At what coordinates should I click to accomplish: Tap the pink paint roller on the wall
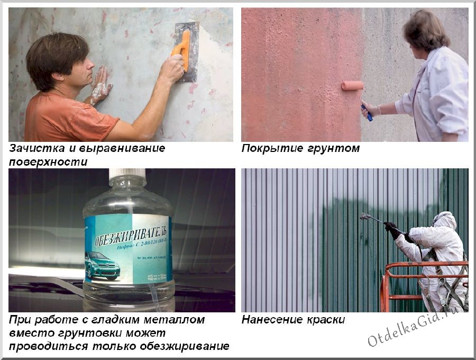[x=352, y=85]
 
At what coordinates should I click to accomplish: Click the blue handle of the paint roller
[x=367, y=112]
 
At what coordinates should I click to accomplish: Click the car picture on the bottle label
[x=102, y=265]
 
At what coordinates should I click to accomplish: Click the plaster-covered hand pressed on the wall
[x=100, y=88]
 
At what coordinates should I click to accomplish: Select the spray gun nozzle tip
[x=362, y=215]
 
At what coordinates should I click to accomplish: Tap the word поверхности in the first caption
[x=48, y=162]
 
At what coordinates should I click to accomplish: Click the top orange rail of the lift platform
[x=423, y=264]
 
